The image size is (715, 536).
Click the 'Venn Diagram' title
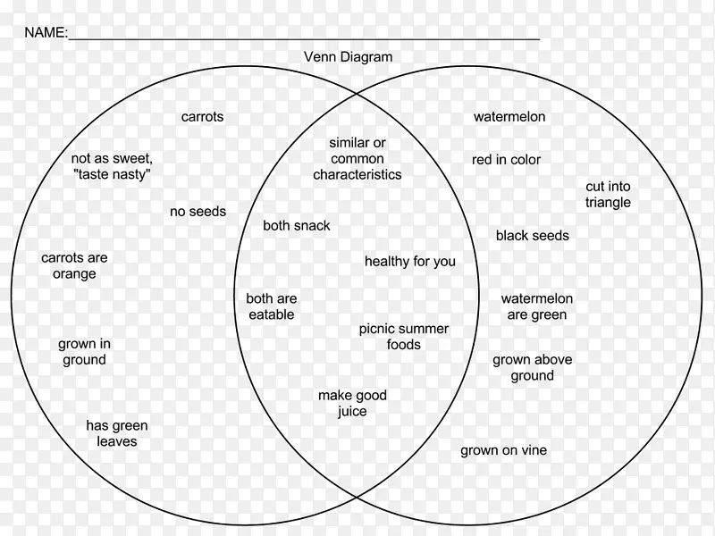tap(348, 57)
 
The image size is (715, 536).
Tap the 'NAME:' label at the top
tap(46, 33)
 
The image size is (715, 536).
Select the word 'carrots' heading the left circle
tap(202, 117)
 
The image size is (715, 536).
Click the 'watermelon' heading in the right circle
tap(509, 117)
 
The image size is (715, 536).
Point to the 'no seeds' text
tap(198, 212)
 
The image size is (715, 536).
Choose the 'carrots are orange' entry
tap(74, 266)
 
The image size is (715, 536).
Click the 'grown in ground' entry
tap(84, 352)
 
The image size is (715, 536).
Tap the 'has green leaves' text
tap(117, 433)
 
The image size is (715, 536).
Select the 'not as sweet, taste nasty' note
tap(112, 167)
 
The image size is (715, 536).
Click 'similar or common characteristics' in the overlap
tap(357, 159)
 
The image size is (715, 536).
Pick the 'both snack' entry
tap(296, 226)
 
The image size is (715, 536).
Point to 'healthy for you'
tap(409, 262)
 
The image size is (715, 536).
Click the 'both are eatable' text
tap(272, 306)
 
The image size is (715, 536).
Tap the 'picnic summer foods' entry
tap(404, 337)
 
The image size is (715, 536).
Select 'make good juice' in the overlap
tap(352, 404)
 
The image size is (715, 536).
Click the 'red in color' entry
tap(506, 160)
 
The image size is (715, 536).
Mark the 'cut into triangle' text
tap(608, 195)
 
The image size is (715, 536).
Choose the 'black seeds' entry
tap(532, 236)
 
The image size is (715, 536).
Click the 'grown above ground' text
tap(532, 368)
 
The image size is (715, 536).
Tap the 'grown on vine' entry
tap(503, 451)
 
